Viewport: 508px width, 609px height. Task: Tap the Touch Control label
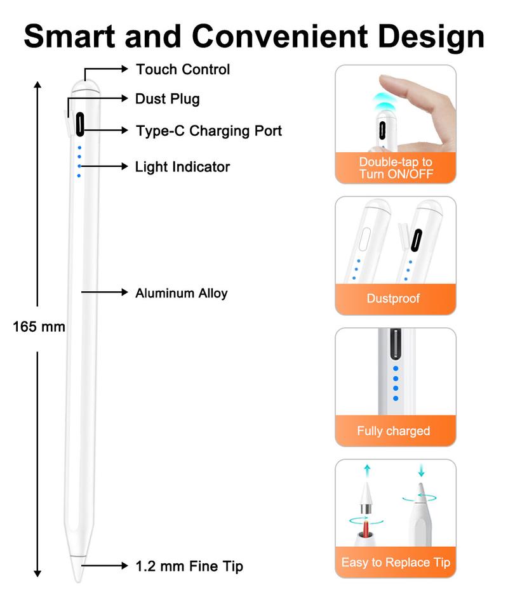183,69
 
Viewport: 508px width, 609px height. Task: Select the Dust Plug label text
167,99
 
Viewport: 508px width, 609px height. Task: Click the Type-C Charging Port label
209,131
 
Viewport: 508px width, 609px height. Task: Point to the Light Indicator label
182,167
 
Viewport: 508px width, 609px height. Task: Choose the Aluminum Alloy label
181,293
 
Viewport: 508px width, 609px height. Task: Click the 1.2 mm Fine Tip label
189,566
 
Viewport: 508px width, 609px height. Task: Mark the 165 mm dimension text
39,327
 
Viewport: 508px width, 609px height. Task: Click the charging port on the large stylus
80,123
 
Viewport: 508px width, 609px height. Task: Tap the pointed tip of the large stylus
79,574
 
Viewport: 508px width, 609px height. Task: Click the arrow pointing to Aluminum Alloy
105,292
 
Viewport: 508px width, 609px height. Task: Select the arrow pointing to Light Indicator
105,167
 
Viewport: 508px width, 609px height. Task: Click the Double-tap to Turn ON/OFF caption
396,168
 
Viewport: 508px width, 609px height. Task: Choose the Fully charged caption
393,431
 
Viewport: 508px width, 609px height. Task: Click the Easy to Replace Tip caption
396,562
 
